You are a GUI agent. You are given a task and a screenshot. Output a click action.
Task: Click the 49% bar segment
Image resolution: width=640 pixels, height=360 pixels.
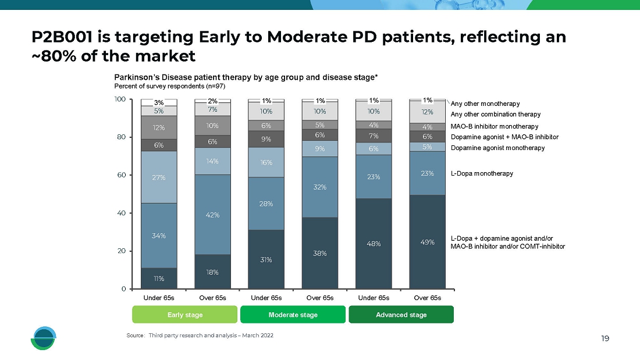[427, 242]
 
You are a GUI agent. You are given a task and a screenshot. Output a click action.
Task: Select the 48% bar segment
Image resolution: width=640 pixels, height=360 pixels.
[374, 244]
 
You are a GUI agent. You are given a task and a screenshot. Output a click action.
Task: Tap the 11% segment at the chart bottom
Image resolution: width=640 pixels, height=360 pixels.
[159, 279]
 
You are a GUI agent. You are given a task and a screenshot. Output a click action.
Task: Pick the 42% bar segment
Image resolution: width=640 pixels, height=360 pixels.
[212, 215]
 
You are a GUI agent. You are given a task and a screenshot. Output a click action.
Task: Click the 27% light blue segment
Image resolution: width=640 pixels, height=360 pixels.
[159, 177]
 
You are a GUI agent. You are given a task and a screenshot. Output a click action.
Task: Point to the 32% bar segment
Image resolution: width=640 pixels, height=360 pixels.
[319, 187]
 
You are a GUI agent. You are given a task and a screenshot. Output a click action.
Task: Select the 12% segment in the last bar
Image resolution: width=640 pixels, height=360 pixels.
[427, 112]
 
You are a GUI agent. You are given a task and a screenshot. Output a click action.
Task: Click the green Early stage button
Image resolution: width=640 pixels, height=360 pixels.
[185, 315]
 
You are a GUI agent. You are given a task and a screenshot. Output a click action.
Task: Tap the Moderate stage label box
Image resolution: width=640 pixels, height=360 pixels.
[293, 315]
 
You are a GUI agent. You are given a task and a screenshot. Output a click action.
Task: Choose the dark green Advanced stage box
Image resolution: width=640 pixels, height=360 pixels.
[401, 315]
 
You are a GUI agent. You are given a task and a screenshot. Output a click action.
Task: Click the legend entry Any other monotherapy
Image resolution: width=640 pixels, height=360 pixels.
[485, 104]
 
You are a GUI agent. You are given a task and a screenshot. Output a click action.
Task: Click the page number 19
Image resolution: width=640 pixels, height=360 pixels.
[605, 338]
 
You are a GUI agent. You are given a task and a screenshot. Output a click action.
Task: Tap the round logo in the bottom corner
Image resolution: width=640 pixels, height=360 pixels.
[44, 338]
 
